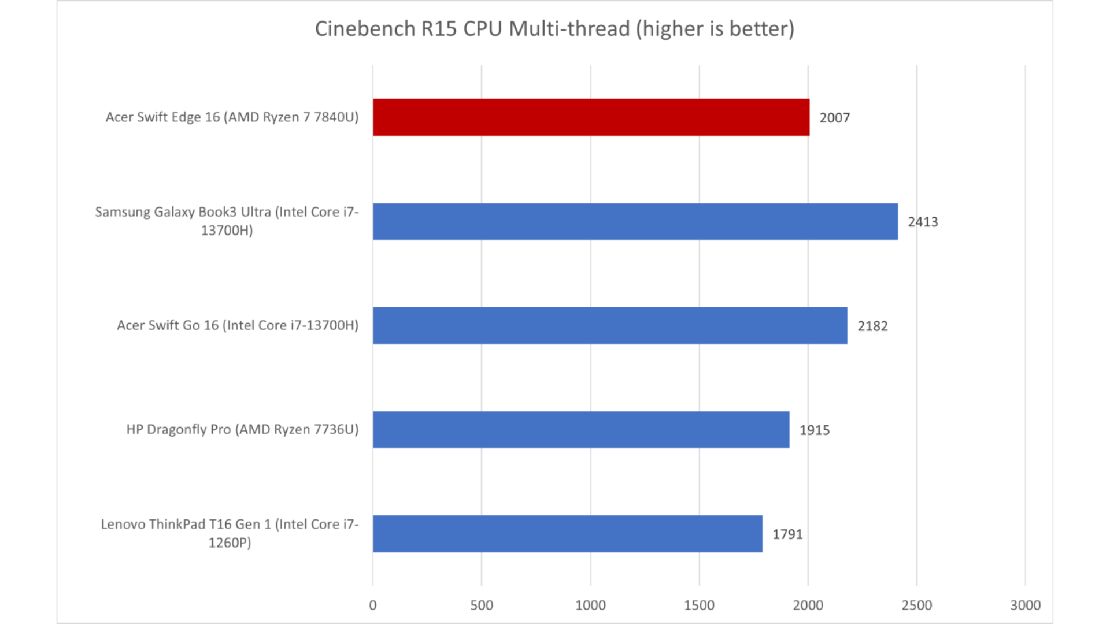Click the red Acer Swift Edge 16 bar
coord(591,117)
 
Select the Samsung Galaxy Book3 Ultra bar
coord(635,221)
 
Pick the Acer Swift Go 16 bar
coord(610,325)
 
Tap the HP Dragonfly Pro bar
coord(581,429)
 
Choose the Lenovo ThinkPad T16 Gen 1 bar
coord(567,533)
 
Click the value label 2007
coord(834,118)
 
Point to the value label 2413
coord(923,222)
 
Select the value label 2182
coord(872,326)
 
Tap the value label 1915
coord(814,430)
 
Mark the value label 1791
coord(787,534)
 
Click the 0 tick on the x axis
coord(373,605)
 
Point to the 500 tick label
coord(482,605)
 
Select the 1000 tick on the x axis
coord(590,605)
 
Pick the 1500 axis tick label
coord(699,605)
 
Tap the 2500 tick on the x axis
coord(916,605)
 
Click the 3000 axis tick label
coord(1025,605)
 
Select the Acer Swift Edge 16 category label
coord(232,117)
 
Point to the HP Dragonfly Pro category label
coord(242,429)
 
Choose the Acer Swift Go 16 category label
coord(238,325)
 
